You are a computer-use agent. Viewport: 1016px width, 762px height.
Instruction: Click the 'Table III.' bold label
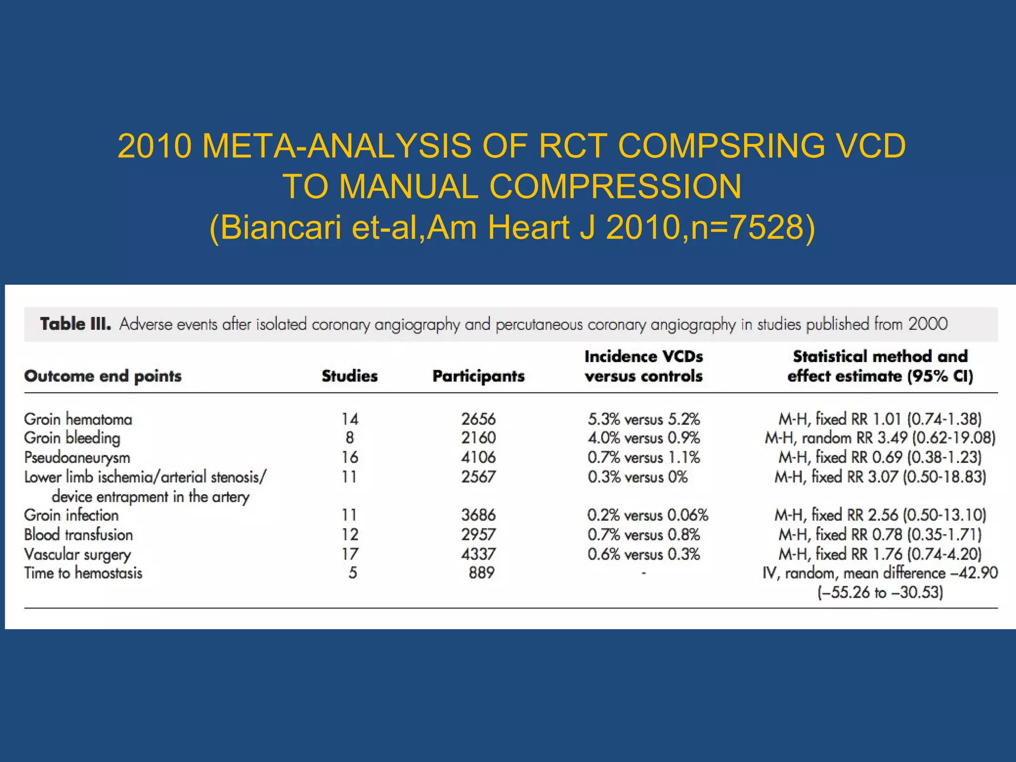pyautogui.click(x=75, y=324)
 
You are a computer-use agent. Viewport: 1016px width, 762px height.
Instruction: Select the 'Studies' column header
pyautogui.click(x=350, y=376)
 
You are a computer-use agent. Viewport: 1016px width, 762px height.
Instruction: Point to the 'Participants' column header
pyautogui.click(x=478, y=376)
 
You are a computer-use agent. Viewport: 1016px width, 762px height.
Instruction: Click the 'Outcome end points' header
pyautogui.click(x=103, y=376)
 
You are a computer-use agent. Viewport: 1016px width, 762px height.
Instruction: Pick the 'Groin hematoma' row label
pyautogui.click(x=78, y=419)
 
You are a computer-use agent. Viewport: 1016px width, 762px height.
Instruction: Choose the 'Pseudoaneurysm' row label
pyautogui.click(x=77, y=457)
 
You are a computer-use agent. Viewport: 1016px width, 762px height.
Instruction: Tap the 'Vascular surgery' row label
pyautogui.click(x=77, y=554)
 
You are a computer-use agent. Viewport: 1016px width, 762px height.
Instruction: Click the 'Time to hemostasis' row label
pyautogui.click(x=83, y=573)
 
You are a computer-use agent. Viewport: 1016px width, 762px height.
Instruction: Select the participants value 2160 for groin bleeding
pyautogui.click(x=478, y=438)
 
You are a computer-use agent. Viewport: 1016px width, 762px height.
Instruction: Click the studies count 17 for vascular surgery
pyautogui.click(x=350, y=554)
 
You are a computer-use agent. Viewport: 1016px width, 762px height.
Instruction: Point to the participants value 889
pyautogui.click(x=482, y=573)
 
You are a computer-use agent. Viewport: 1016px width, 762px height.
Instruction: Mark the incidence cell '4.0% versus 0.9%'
pyautogui.click(x=643, y=438)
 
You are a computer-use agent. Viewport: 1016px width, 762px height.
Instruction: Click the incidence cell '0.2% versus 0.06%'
pyautogui.click(x=647, y=515)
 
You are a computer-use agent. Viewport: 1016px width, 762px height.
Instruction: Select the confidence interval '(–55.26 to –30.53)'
pyautogui.click(x=880, y=592)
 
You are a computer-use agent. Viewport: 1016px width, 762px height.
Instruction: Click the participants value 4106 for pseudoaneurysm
pyautogui.click(x=478, y=457)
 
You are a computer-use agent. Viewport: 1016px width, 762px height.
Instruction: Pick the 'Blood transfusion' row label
pyautogui.click(x=78, y=535)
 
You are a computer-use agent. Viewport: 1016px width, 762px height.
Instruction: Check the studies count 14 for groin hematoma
pyautogui.click(x=350, y=419)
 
